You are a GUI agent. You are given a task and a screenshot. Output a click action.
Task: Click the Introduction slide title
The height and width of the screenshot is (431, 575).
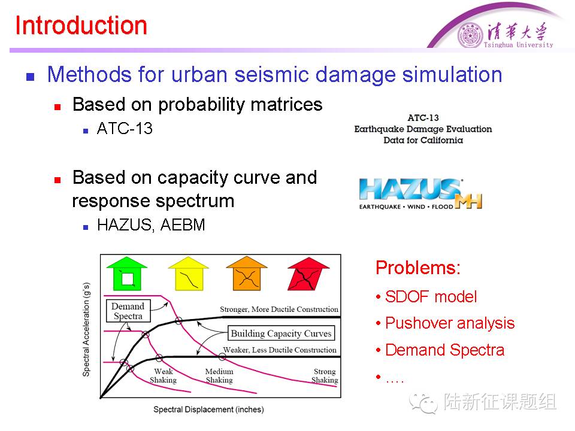pos(81,26)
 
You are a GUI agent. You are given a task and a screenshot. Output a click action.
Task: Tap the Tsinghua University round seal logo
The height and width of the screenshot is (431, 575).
pos(470,35)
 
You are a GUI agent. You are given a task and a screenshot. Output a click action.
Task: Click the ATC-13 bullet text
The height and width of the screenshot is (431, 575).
pos(125,129)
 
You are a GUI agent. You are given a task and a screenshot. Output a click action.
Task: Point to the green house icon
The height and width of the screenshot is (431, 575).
pos(127,275)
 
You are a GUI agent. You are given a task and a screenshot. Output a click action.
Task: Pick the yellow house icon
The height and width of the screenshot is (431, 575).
pos(188,275)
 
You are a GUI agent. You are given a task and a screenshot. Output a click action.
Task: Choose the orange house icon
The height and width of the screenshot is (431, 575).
pos(247,275)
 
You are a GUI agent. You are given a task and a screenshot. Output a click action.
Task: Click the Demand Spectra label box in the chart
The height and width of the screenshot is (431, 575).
pos(128,311)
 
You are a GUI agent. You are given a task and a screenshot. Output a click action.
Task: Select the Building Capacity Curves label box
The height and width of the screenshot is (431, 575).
pos(281,333)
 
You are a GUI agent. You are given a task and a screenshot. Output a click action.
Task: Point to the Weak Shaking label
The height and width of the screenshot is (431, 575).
pos(163,376)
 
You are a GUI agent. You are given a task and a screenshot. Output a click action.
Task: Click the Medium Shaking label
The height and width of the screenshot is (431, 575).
pos(219,376)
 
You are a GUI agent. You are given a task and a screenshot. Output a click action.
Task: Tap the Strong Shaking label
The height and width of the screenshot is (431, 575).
pos(325,376)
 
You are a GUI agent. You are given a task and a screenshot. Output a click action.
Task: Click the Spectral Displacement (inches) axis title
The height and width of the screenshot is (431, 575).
pos(208,410)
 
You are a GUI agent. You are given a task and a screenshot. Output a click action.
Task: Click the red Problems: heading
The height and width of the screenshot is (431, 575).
pos(418,268)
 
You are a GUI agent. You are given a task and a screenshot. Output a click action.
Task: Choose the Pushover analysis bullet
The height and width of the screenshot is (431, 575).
pos(450,323)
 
